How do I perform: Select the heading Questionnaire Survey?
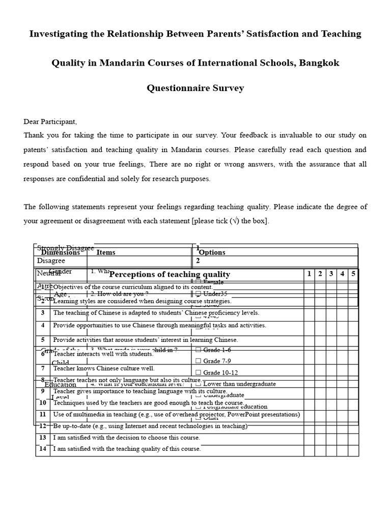(x=195, y=88)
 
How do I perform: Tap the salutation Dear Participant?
(x=50, y=122)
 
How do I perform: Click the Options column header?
(x=212, y=252)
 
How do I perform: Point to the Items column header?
(x=106, y=252)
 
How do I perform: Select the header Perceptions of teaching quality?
(x=170, y=274)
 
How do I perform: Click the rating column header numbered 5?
(x=353, y=274)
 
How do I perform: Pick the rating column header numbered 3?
(x=331, y=274)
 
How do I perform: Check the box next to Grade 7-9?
(x=198, y=361)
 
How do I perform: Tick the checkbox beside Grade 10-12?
(x=198, y=373)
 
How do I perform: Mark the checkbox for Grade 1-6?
(x=198, y=350)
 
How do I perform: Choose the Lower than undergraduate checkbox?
(x=198, y=384)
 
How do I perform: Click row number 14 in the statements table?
(x=43, y=449)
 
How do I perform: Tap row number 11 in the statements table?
(x=43, y=415)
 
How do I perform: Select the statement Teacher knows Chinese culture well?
(x=104, y=368)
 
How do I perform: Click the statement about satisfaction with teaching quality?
(x=127, y=449)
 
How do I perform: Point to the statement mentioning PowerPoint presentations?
(x=176, y=415)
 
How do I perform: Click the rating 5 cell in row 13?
(x=353, y=438)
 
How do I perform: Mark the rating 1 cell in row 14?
(x=309, y=449)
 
